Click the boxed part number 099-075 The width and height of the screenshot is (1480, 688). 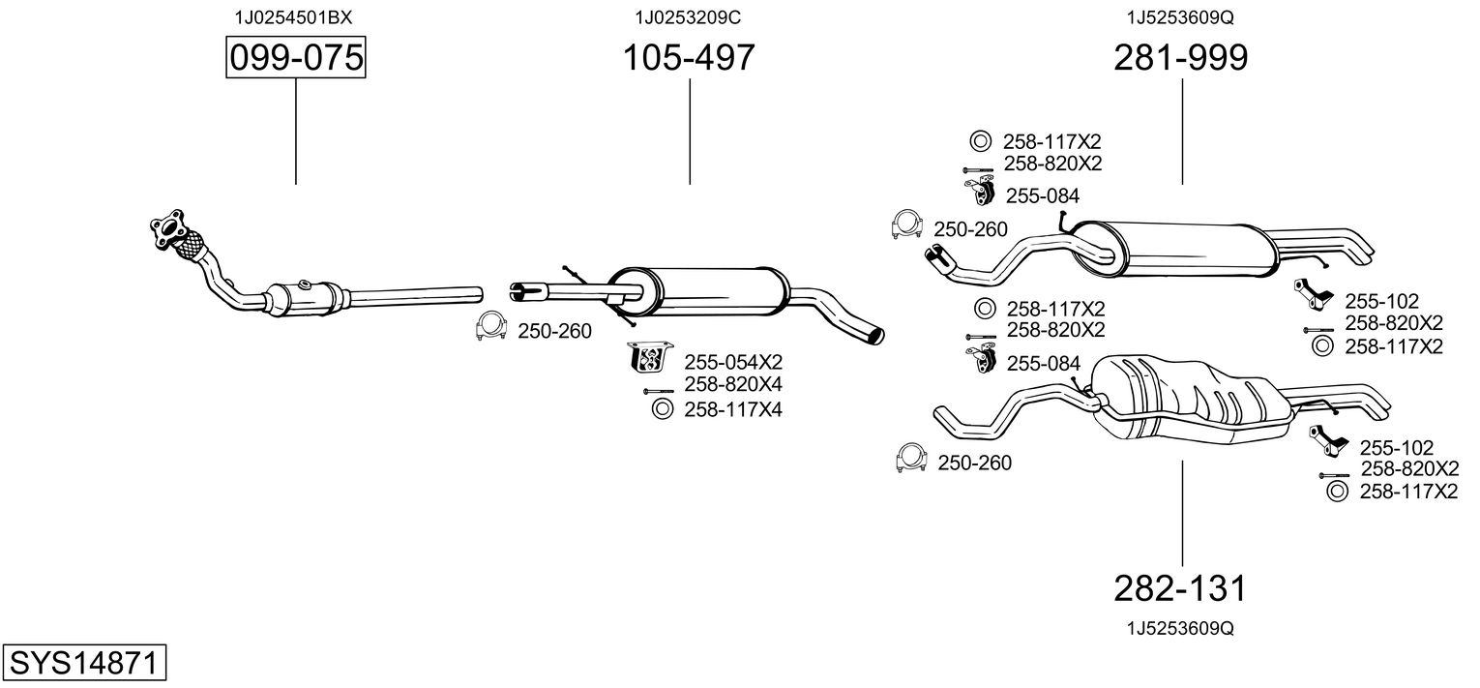coord(296,57)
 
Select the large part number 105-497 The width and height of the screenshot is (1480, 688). coord(689,57)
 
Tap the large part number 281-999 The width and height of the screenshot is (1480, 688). coord(1181,57)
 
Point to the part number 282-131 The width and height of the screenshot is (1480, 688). coord(1180,588)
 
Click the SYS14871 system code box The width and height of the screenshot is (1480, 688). coord(84,663)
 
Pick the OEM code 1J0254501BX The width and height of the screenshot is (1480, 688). coord(293,17)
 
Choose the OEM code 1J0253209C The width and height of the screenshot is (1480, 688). coord(688,17)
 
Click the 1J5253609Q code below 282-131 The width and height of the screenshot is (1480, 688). coord(1180,628)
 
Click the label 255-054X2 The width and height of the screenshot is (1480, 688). coord(733,362)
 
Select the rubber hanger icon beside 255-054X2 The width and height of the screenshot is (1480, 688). coord(649,358)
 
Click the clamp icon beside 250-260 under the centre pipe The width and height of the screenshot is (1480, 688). coord(490,326)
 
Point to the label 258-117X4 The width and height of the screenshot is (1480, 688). coord(733,409)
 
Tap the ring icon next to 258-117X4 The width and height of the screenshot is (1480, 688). coord(662,409)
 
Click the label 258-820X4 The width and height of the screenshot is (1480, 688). coord(733,384)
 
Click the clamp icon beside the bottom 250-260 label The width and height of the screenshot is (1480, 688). coord(910,458)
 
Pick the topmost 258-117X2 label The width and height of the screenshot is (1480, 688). coord(1052,141)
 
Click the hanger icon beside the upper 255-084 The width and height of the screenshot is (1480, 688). coord(979,191)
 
